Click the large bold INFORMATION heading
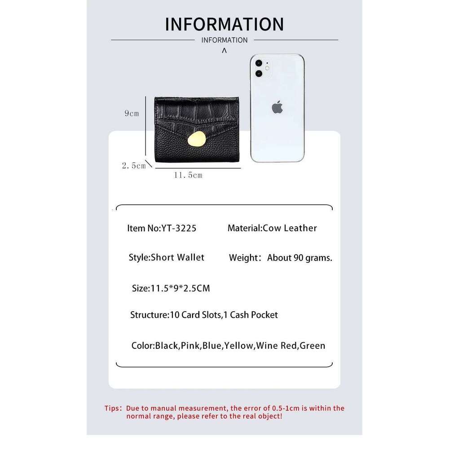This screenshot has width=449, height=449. (x=224, y=24)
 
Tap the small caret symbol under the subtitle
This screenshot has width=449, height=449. (x=224, y=50)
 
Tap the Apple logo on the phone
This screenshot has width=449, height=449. (x=277, y=107)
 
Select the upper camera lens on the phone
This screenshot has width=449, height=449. (x=259, y=63)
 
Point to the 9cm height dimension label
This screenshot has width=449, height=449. (x=132, y=114)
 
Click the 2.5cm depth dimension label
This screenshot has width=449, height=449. (x=134, y=166)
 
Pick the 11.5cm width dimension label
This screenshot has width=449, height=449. (x=188, y=175)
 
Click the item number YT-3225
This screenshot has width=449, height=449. (x=179, y=228)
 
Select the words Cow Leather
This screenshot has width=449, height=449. (x=290, y=228)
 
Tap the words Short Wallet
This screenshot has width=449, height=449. (x=177, y=257)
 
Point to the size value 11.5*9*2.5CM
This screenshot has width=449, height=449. (x=180, y=288)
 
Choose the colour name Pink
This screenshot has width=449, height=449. (x=190, y=346)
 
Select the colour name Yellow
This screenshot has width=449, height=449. (x=239, y=346)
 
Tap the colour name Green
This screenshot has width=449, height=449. (x=312, y=346)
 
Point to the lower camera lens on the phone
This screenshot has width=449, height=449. (x=259, y=74)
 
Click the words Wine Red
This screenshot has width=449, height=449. (x=276, y=346)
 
